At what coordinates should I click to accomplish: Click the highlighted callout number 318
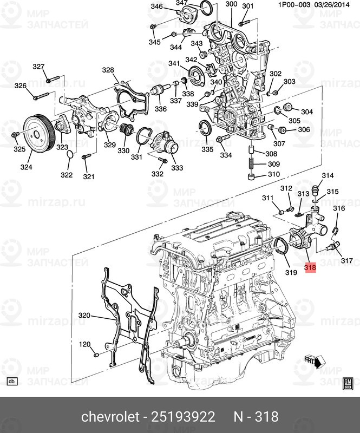pyautogui.click(x=310, y=267)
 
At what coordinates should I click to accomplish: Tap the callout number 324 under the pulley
pyautogui.click(x=27, y=167)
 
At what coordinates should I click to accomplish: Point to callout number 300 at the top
pyautogui.click(x=231, y=4)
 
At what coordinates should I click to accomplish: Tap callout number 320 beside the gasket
pyautogui.click(x=84, y=316)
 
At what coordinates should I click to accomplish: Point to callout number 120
pyautogui.click(x=84, y=344)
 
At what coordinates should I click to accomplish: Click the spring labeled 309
pyautogui.click(x=252, y=164)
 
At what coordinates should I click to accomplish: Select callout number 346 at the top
pyautogui.click(x=156, y=6)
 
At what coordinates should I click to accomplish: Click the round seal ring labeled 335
pyautogui.click(x=205, y=128)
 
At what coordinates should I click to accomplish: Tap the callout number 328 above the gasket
pyautogui.click(x=108, y=70)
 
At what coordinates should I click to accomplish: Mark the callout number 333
pyautogui.click(x=177, y=168)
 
